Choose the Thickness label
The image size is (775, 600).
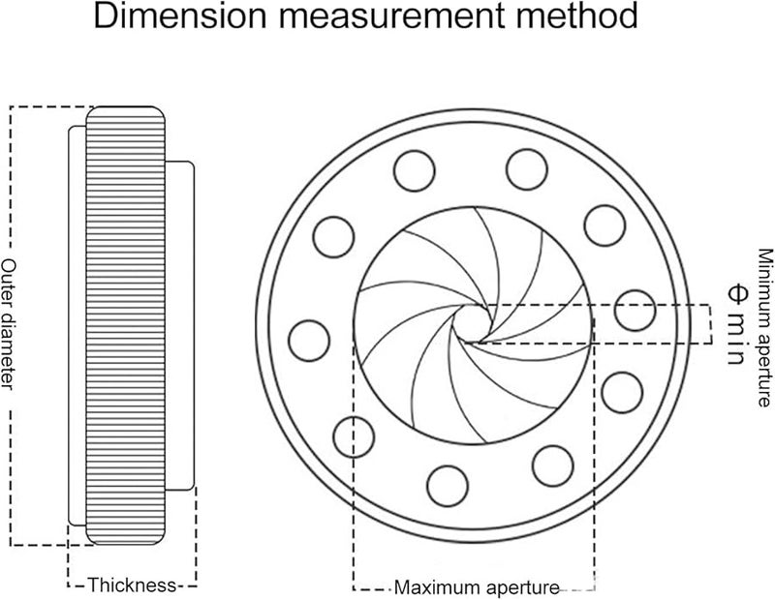coord(132,585)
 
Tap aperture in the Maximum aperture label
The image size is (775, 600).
coord(522,587)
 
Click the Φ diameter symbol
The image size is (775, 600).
coord(733,293)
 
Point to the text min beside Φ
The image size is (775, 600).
coord(733,334)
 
